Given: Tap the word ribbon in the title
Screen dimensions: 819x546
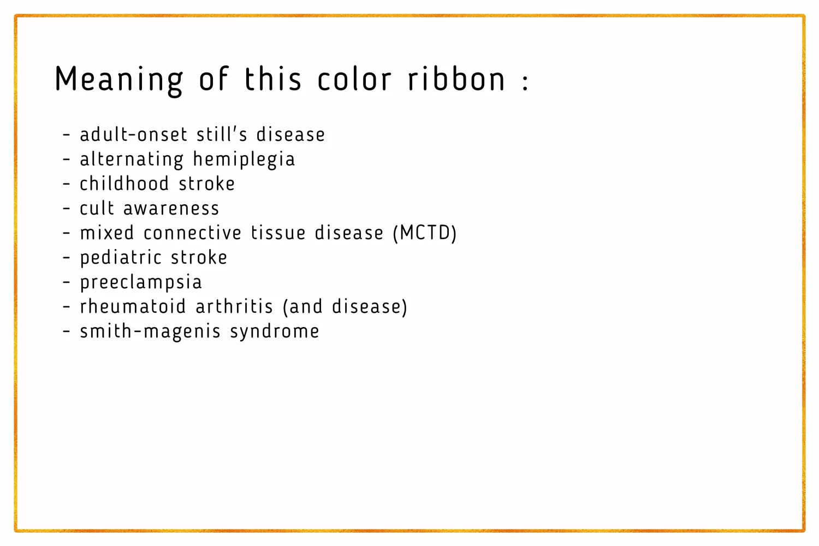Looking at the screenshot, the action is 456,78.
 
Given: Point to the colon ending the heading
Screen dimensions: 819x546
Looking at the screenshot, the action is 525,82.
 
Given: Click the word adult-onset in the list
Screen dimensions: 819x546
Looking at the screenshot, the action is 134,134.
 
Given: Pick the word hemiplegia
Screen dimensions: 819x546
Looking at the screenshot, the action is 244,159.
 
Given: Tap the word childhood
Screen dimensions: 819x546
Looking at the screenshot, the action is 124,183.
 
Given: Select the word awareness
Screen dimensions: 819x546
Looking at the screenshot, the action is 171,209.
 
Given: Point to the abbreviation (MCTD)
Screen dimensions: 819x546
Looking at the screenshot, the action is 425,233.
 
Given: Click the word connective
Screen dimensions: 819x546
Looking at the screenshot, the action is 192,233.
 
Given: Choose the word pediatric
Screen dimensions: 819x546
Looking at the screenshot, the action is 121,258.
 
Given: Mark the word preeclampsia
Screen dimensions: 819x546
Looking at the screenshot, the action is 141,282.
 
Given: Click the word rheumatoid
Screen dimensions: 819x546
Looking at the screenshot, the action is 133,306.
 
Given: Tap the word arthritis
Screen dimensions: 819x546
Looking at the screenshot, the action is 234,306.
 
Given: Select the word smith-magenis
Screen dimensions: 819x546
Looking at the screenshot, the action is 150,332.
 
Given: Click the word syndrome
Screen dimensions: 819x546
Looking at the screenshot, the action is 275,332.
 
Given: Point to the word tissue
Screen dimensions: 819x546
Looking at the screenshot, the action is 278,233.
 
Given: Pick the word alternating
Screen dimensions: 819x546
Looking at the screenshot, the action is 132,159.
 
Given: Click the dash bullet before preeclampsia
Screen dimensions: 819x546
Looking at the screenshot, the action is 66,282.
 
